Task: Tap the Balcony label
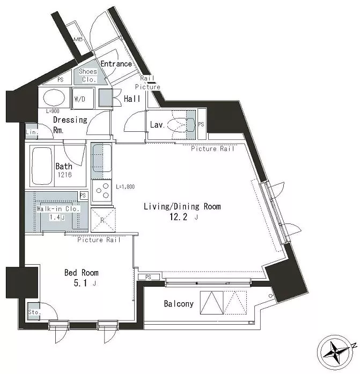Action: (x=179, y=304)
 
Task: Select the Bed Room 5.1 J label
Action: (x=82, y=278)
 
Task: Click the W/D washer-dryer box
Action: (x=83, y=98)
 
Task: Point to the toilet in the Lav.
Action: (x=181, y=125)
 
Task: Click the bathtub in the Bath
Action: (x=42, y=166)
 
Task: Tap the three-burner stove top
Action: (x=102, y=191)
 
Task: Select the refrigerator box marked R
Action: (x=103, y=220)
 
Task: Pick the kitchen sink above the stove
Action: (x=102, y=158)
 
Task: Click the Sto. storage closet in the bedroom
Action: (x=33, y=311)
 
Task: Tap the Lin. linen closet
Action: (x=32, y=132)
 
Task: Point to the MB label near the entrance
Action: (x=78, y=39)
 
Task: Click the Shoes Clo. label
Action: (x=88, y=76)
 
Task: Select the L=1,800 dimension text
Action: (x=126, y=186)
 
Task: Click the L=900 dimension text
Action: (x=53, y=111)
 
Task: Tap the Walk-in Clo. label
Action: (x=58, y=209)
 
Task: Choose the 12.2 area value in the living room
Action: (x=179, y=217)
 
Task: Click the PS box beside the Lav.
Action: (x=201, y=124)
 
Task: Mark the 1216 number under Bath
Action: (x=64, y=175)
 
